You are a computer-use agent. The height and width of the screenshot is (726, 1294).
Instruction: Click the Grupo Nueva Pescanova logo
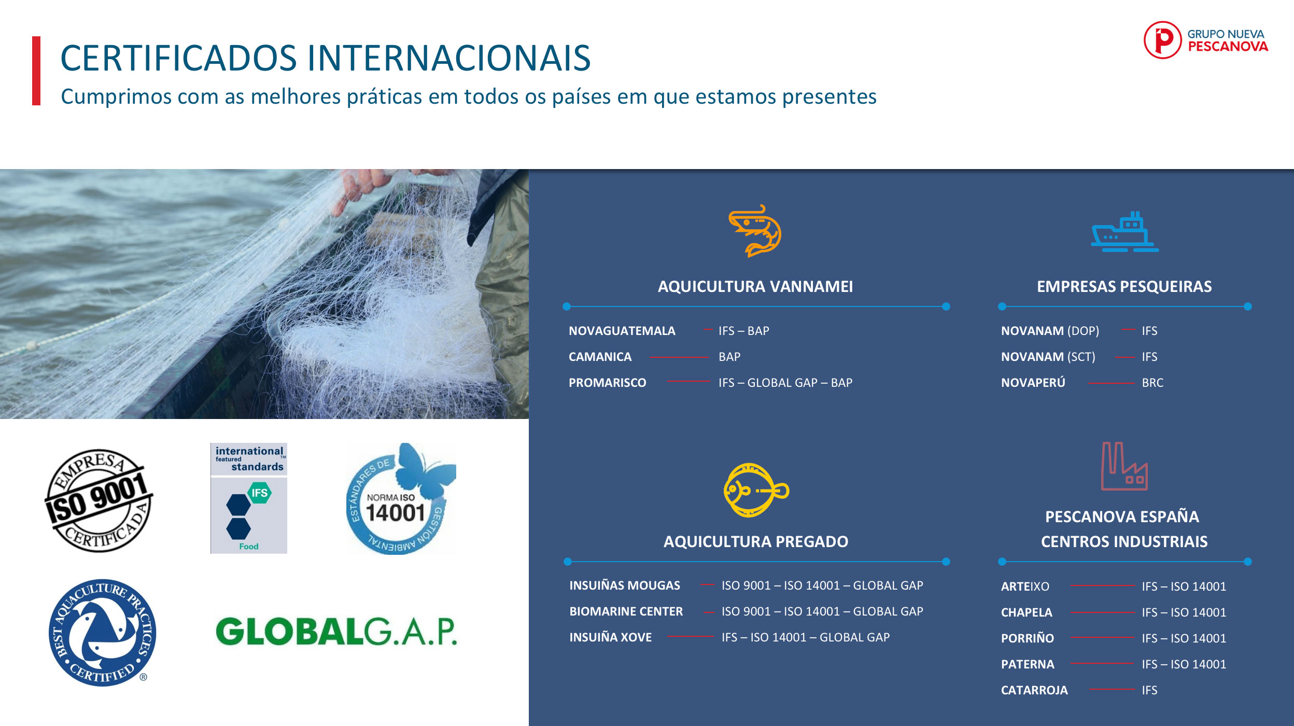pos(1206,40)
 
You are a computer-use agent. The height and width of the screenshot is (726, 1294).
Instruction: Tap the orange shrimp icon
pos(755,230)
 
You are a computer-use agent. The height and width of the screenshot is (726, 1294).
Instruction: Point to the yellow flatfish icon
pos(756,490)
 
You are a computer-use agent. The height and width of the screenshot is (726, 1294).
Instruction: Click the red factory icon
pos(1124,466)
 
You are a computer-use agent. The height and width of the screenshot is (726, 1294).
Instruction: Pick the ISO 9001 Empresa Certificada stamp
pos(99,500)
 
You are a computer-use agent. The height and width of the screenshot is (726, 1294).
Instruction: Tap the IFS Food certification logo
pos(249,498)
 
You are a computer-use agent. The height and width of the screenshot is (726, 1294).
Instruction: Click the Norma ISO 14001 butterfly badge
pos(401,498)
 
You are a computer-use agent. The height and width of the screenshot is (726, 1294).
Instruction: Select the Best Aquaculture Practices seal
pos(102,633)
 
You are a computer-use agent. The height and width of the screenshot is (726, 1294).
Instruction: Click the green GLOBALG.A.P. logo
pos(336,631)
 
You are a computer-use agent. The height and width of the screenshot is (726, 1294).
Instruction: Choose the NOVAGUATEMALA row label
pos(622,331)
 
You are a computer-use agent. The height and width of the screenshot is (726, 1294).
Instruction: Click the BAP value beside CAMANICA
pos(729,357)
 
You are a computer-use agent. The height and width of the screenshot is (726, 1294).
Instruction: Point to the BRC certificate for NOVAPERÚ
pos(1152,383)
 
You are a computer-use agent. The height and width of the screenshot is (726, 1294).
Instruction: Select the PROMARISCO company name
pos(608,383)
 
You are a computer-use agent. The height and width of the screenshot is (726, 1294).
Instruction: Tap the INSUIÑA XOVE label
pos(611,637)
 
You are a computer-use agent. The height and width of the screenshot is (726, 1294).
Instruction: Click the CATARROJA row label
pos(1034,690)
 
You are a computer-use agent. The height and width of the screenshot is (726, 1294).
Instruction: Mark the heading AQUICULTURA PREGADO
pos(756,542)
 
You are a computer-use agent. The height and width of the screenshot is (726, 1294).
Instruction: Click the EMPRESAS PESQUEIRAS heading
pos(1124,287)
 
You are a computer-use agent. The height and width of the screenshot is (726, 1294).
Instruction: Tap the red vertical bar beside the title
pos(36,71)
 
